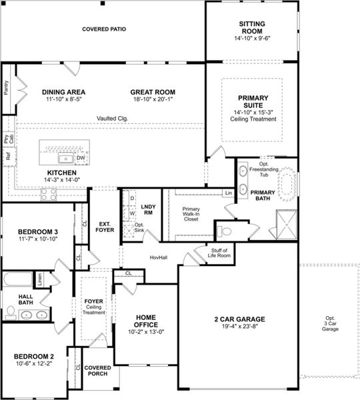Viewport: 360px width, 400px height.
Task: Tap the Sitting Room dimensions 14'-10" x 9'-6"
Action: coord(251,39)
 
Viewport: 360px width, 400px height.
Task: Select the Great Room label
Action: coord(153,92)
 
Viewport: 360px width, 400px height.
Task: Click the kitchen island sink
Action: coord(66,158)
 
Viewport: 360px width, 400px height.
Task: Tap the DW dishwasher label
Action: coord(81,158)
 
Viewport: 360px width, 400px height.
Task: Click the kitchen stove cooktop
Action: coord(49,194)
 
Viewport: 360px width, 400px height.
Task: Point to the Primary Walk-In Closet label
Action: coord(191,213)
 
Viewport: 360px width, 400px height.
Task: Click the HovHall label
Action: coord(158,257)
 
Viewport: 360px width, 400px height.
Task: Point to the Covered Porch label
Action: coord(97,371)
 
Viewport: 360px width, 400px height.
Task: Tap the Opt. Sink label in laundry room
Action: coord(139,229)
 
